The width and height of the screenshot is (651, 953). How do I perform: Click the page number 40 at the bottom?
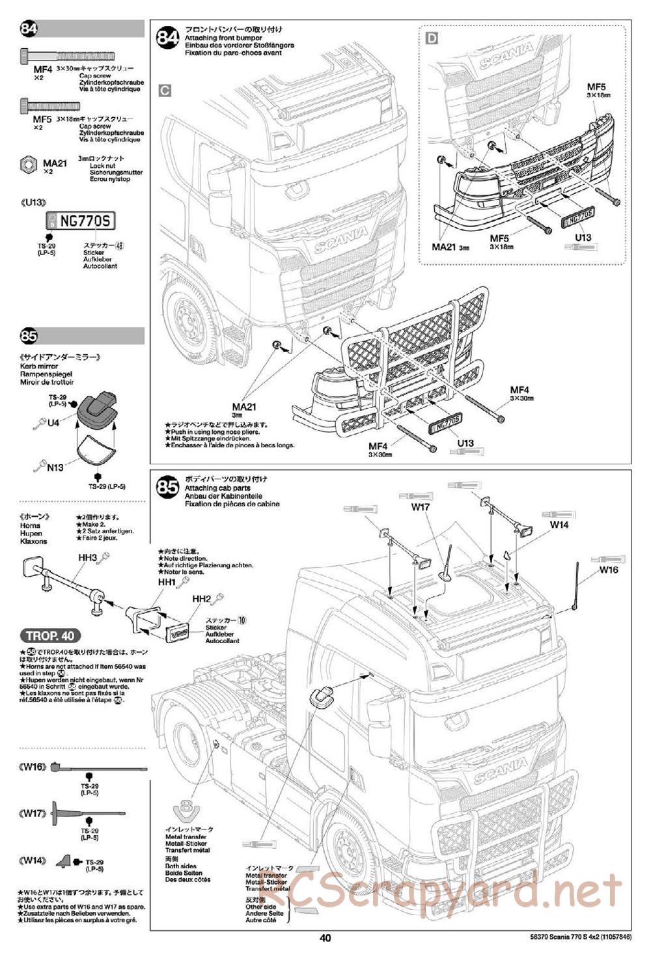pyautogui.click(x=325, y=938)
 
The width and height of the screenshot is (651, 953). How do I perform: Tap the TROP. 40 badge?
pyautogui.click(x=51, y=636)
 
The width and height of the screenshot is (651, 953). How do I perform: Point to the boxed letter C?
pyautogui.click(x=165, y=90)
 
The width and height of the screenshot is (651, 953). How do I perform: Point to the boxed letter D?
pyautogui.click(x=432, y=38)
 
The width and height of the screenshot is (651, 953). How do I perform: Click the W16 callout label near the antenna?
pyautogui.click(x=609, y=570)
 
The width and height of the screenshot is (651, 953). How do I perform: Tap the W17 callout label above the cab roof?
pyautogui.click(x=421, y=506)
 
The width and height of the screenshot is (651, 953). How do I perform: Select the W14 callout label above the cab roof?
pyautogui.click(x=559, y=524)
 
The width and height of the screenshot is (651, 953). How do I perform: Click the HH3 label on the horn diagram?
pyautogui.click(x=87, y=558)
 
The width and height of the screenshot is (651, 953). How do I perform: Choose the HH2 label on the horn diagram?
pyautogui.click(x=202, y=598)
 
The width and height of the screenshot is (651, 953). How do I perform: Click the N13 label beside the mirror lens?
pyautogui.click(x=55, y=467)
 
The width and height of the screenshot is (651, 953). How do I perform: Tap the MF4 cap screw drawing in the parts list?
pyautogui.click(x=68, y=55)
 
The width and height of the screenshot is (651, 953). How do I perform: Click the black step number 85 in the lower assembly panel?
pyautogui.click(x=167, y=488)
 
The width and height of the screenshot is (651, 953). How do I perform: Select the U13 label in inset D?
pyautogui.click(x=583, y=238)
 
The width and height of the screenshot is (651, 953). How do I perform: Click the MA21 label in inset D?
pyautogui.click(x=445, y=247)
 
